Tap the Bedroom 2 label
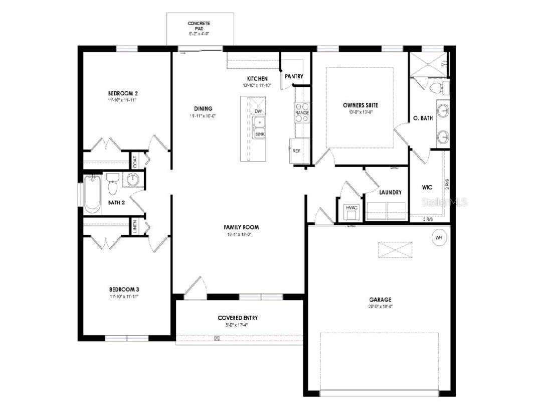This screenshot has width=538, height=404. point(123,93)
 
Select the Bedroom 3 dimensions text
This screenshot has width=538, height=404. point(123,297)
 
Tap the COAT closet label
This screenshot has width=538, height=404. point(135,161)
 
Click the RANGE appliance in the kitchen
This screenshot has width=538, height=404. point(302,112)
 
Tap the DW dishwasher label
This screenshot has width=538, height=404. point(258,111)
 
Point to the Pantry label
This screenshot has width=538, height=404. point(294,76)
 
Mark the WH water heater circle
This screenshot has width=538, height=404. point(439,237)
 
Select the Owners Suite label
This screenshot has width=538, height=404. point(360,105)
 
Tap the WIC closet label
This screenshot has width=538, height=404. point(427,187)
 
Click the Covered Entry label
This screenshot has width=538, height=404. point(238,318)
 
